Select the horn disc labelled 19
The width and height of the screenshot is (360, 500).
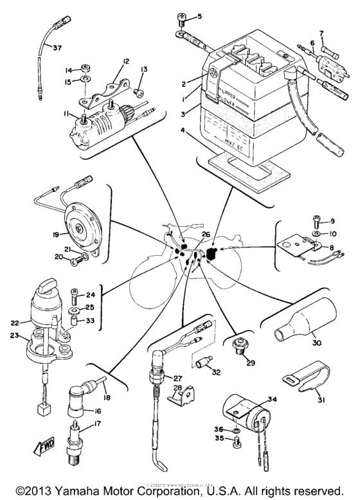80,228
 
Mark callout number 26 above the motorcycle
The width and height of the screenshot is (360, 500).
206,235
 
